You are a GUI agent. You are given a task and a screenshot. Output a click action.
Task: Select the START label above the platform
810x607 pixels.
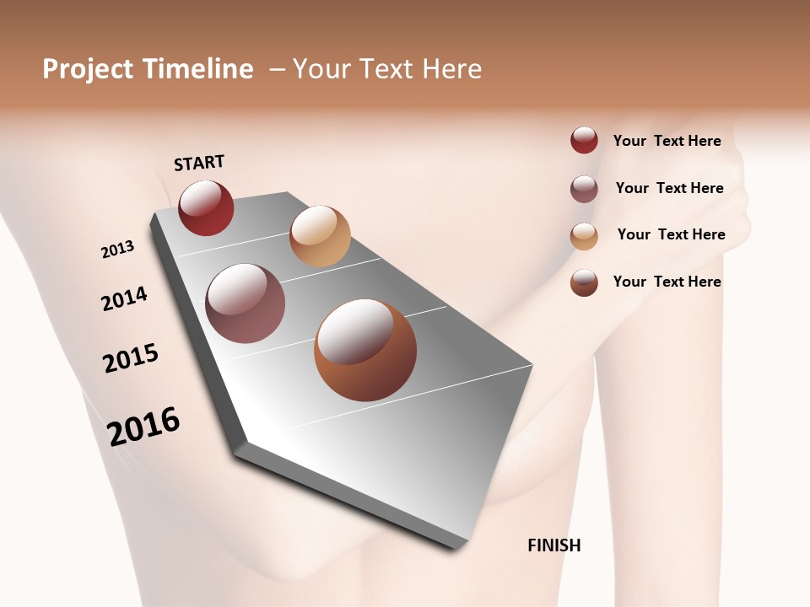point(199,163)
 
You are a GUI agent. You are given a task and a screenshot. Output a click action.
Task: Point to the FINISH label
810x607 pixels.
point(554,545)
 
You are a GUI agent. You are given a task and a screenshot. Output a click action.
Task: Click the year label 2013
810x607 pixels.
point(117,250)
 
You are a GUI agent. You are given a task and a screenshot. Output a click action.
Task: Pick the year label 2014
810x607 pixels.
point(124,299)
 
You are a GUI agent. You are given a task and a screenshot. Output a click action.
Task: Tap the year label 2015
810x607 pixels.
point(131,358)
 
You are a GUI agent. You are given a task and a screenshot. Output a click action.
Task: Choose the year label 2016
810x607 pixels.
point(143,427)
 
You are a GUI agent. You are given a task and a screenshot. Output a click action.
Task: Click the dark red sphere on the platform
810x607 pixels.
point(206,208)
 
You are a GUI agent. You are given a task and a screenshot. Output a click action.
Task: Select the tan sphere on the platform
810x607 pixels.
point(320,236)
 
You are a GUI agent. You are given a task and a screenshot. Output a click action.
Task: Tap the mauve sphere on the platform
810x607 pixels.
point(246,303)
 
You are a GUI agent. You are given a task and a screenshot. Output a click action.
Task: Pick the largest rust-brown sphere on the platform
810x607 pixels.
point(365,350)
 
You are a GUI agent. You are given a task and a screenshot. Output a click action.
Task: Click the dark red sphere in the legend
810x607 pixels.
point(584,140)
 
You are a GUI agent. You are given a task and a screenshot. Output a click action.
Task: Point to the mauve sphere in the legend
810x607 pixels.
point(584,189)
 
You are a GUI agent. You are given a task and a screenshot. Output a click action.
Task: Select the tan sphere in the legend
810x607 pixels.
point(584,236)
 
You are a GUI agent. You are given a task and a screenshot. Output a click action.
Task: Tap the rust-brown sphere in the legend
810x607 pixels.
point(584,282)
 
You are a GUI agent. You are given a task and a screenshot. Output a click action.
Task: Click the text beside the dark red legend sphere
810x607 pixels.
point(667,141)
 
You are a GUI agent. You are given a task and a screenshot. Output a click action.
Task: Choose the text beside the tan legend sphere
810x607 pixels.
point(671,234)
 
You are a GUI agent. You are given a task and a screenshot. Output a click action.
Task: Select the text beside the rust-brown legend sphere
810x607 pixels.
point(667,282)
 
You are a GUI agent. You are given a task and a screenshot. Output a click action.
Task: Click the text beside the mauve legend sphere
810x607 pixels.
point(669,188)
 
